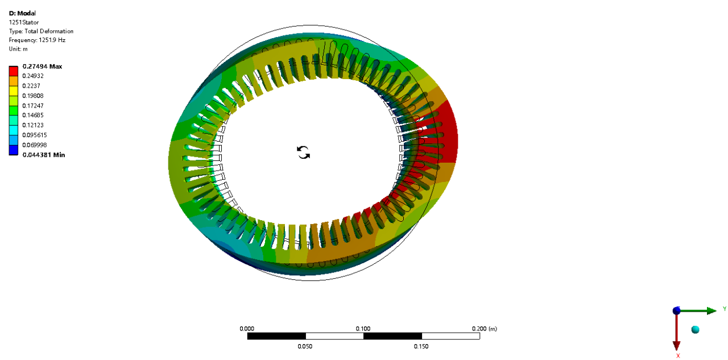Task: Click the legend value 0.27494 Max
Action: click(42, 67)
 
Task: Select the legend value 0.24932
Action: click(33, 76)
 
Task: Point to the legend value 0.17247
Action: click(33, 106)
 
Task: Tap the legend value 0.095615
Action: click(35, 135)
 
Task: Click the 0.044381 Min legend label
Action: click(44, 155)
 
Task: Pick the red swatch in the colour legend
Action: click(13, 71)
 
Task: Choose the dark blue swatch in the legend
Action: click(13, 150)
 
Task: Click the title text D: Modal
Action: click(22, 13)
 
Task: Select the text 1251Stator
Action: click(24, 22)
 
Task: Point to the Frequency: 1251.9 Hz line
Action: click(37, 40)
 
